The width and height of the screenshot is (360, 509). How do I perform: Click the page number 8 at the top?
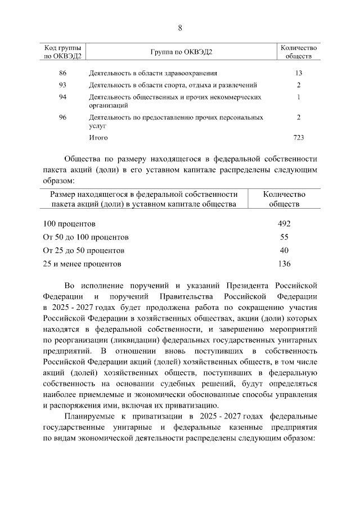[x=180, y=28]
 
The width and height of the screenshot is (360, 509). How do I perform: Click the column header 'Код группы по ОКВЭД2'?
[x=62, y=52]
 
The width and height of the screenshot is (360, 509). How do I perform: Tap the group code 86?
[x=62, y=73]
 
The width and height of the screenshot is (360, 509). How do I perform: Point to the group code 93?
[x=62, y=85]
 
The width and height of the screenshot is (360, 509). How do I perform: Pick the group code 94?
[x=62, y=97]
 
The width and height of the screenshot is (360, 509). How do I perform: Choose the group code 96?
[x=62, y=117]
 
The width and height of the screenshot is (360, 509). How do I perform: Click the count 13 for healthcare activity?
[x=299, y=73]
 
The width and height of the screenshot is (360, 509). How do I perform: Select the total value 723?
[x=299, y=137]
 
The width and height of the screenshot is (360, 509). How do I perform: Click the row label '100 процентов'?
[x=69, y=224]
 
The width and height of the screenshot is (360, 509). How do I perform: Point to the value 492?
[x=284, y=224]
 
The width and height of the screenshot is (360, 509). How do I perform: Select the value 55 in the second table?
[x=284, y=237]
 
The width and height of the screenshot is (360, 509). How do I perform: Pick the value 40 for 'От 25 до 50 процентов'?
[x=284, y=250]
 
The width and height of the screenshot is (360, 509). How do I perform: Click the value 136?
[x=284, y=263]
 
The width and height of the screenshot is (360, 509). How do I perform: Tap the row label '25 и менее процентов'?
[x=82, y=263]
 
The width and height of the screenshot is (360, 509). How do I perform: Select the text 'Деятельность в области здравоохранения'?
[x=153, y=73]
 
